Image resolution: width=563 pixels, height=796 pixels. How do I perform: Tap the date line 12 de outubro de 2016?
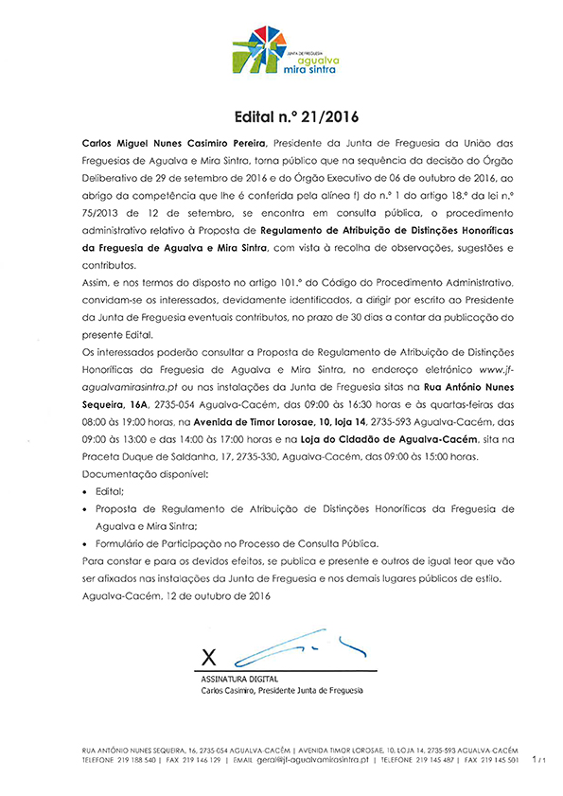tap(176, 596)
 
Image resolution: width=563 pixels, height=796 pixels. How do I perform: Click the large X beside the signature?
tap(211, 655)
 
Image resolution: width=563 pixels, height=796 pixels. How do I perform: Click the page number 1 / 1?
tap(539, 759)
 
